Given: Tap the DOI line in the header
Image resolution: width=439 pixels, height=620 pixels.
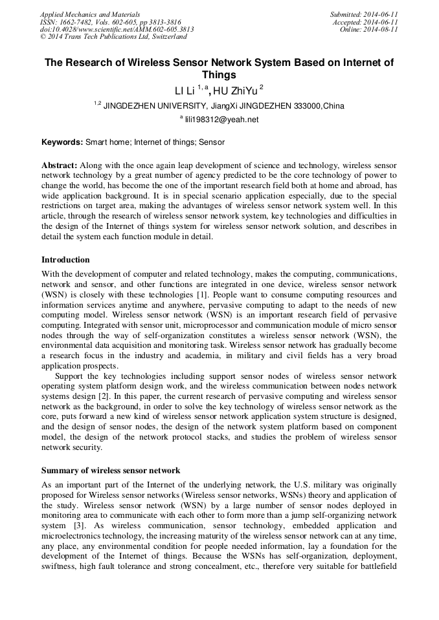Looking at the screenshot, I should click(x=117, y=29).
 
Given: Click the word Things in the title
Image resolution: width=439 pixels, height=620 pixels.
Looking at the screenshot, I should click(x=219, y=74).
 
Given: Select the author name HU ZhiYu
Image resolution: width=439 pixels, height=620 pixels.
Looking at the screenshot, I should click(x=239, y=90).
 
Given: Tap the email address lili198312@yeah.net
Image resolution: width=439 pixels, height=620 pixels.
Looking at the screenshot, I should click(x=222, y=120).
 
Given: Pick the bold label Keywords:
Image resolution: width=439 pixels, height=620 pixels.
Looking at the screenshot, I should click(x=62, y=141).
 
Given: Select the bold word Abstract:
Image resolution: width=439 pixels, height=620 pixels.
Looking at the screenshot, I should click(x=60, y=165).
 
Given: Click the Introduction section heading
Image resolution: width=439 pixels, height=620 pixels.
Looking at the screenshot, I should click(x=65, y=260).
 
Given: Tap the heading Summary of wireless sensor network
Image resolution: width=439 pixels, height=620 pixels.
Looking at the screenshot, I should click(x=111, y=470).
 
